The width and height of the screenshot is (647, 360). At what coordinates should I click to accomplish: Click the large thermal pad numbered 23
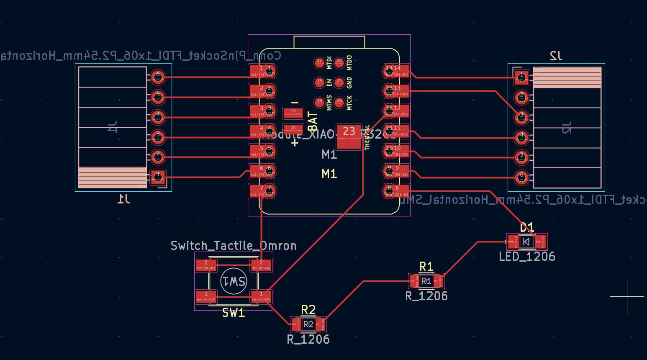[349, 136]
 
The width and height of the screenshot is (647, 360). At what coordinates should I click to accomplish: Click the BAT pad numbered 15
[293, 113]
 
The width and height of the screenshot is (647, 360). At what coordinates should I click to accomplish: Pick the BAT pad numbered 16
[293, 129]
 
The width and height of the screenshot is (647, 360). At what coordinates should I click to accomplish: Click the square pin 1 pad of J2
[521, 77]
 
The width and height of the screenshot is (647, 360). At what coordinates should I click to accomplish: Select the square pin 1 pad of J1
[158, 177]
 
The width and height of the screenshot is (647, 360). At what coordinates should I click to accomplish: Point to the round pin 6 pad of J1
[158, 77]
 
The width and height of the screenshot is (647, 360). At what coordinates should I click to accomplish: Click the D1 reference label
[527, 227]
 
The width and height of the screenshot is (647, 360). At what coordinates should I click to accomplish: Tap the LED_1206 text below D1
[527, 257]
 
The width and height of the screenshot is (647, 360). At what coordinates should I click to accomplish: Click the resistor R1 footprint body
[426, 281]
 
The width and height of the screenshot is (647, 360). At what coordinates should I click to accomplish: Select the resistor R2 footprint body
[308, 324]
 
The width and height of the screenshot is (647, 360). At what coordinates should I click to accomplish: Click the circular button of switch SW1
[234, 281]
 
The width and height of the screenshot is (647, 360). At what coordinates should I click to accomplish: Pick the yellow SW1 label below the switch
[233, 313]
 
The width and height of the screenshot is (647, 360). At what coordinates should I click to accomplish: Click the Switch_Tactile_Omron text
[234, 246]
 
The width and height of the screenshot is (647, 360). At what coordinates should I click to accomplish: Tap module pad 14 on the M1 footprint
[397, 71]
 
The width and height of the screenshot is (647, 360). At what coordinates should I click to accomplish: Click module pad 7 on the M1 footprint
[262, 191]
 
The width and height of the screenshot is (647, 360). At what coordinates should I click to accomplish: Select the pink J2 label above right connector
[556, 56]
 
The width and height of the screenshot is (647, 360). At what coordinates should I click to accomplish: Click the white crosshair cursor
[627, 296]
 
